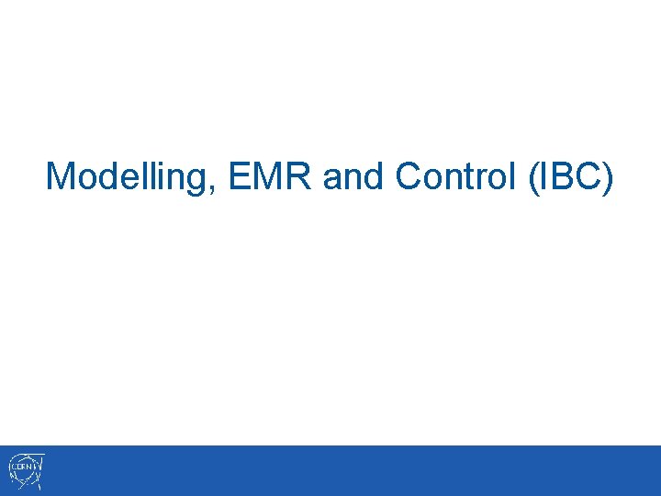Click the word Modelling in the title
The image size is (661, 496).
[128, 176]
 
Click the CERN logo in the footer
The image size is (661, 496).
[27, 471]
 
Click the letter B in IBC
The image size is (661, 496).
[566, 175]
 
